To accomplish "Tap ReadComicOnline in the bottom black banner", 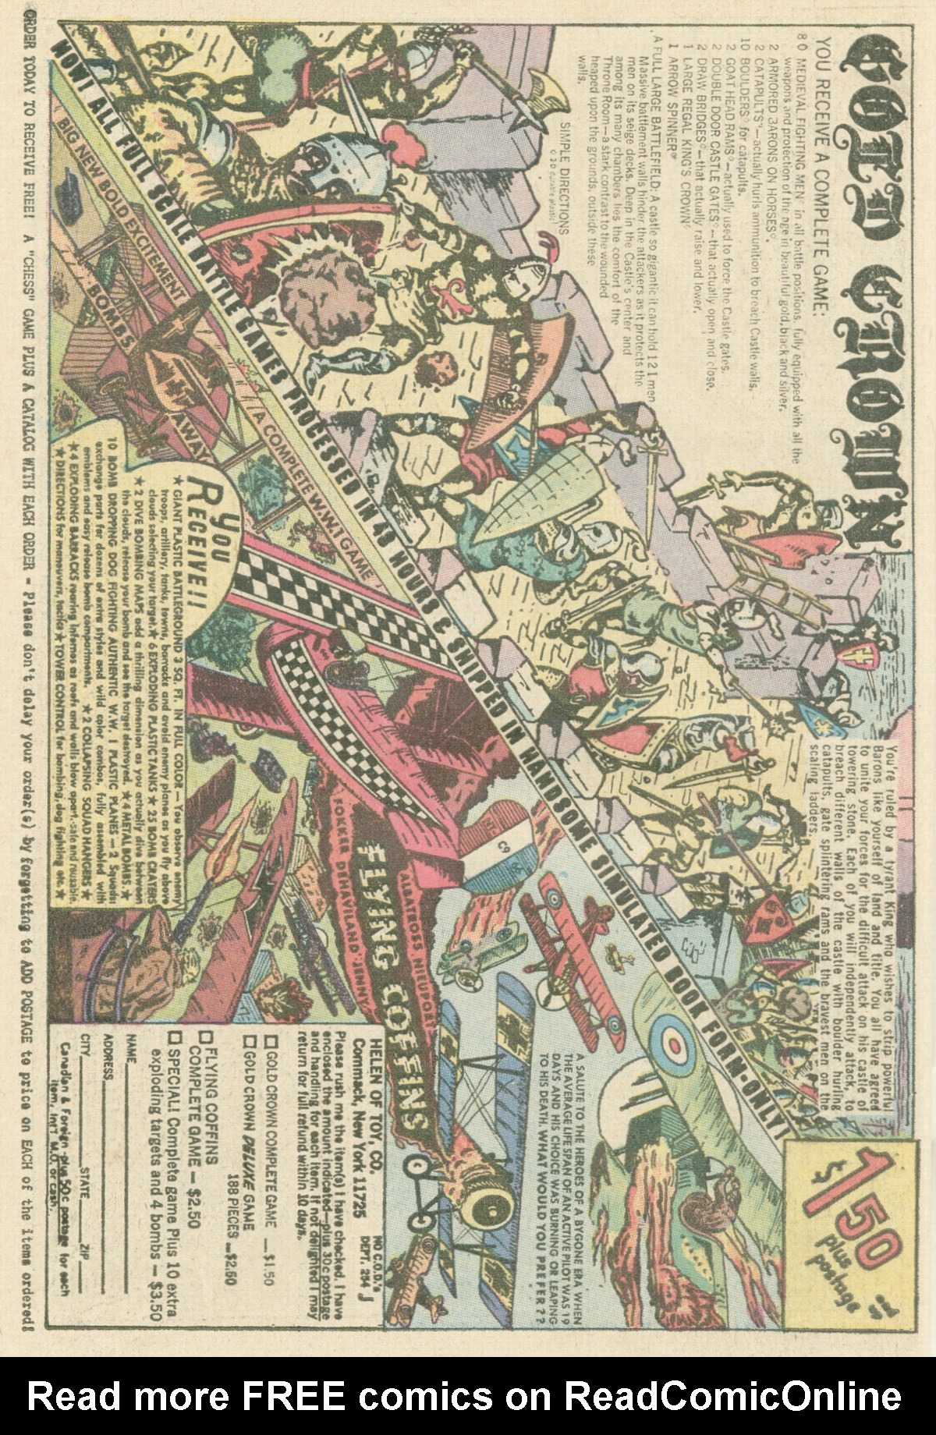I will coord(733,1395).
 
